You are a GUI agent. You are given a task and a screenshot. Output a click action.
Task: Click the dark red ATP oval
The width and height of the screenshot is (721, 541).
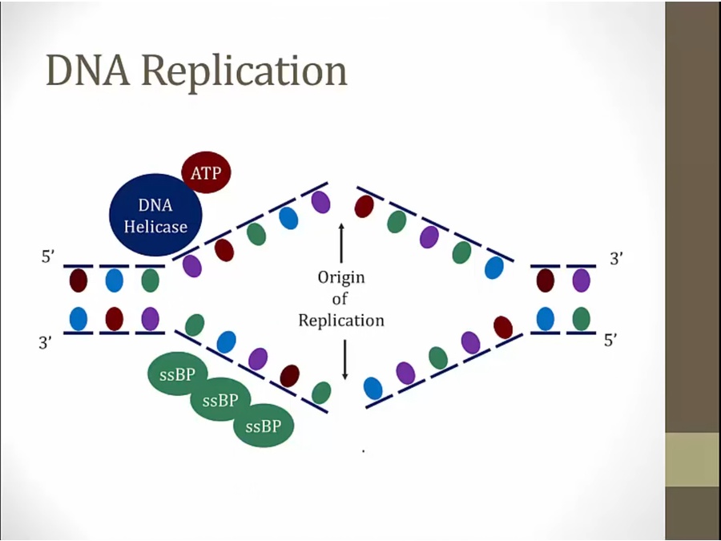pos(207,172)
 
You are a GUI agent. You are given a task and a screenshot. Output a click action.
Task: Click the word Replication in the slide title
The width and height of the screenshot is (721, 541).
pos(245,72)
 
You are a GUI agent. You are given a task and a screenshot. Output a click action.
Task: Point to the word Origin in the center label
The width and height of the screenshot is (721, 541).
pos(341,277)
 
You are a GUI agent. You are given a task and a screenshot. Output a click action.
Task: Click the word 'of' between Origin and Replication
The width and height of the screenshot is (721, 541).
pos(341,299)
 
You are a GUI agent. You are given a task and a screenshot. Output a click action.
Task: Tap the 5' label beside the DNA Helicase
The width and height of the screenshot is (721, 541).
pos(49,258)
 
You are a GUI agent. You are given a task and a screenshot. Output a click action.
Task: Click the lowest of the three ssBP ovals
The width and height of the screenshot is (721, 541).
pos(264,426)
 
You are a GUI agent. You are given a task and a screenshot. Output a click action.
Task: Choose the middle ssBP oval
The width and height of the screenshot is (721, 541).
pos(220,400)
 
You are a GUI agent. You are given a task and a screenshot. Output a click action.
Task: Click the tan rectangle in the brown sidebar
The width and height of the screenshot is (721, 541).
pos(692,459)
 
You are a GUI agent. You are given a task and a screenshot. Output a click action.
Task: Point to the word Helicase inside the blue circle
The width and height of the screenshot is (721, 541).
pos(155,227)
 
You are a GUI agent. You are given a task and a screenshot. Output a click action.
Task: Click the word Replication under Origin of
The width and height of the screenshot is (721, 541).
pos(341,321)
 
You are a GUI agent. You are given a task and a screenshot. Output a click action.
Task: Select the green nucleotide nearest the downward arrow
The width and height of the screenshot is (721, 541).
pos(321,393)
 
